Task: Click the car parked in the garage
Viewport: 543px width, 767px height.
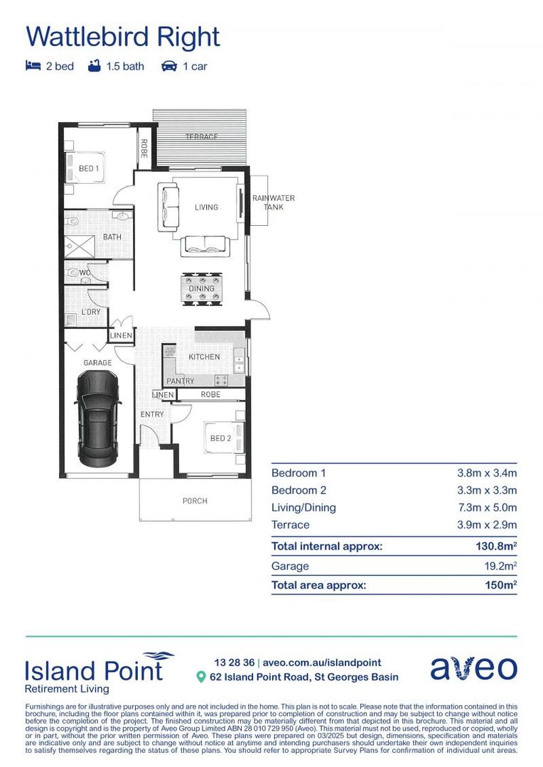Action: point(97,419)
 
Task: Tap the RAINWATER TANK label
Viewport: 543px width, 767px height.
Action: point(273,202)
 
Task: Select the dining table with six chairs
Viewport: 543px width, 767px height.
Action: point(202,288)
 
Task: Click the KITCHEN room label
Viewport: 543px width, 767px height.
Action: point(204,357)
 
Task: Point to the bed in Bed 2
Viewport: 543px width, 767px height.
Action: point(225,437)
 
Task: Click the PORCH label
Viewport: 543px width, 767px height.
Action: point(195,501)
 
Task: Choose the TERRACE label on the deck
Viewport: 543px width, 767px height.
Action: point(202,137)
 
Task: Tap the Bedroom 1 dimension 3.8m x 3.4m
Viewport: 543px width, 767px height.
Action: point(487,473)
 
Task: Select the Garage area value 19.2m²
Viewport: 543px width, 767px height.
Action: point(500,566)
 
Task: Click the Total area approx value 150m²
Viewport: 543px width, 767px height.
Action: point(501,585)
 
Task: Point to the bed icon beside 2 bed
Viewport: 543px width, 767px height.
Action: point(33,66)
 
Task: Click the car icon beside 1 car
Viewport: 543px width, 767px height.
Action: point(169,66)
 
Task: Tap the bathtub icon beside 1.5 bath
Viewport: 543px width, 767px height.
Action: point(95,65)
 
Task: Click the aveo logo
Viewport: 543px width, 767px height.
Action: point(473,668)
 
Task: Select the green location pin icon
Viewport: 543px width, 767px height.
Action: point(200,677)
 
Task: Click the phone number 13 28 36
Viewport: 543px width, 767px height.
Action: point(234,663)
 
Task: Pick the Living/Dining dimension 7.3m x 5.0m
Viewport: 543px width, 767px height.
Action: point(487,508)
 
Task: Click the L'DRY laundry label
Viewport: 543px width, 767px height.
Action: point(91,312)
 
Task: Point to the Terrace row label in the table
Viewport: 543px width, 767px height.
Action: point(291,525)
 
